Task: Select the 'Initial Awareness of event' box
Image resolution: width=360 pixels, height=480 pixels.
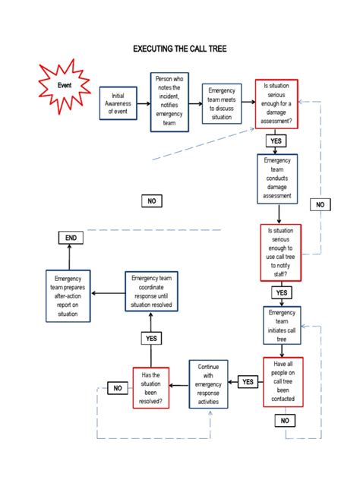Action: point(118,103)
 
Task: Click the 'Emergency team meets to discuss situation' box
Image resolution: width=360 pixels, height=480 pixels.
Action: point(222,103)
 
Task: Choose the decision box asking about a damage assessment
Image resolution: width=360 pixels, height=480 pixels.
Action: point(276,103)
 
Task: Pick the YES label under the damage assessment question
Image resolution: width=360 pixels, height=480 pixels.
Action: point(276,141)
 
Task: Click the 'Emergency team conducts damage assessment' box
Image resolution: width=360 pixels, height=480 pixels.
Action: point(277,178)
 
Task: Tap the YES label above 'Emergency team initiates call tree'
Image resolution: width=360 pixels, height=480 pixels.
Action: point(281,292)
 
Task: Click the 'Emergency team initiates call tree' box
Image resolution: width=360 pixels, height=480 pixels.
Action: point(282,327)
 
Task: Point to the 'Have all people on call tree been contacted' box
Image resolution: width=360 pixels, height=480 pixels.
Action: point(283,382)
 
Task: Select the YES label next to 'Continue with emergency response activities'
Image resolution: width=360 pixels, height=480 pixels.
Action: point(248,382)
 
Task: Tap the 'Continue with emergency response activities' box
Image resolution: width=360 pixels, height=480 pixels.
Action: point(208,384)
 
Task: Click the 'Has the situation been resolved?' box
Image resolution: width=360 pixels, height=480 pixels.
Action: point(151,388)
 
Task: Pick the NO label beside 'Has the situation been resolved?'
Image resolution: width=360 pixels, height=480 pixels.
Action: point(118,388)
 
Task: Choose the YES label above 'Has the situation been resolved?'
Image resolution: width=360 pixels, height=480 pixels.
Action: point(151,338)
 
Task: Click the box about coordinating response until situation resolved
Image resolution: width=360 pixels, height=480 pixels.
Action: point(151,292)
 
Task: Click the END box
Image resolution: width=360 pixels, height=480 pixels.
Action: point(71,238)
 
